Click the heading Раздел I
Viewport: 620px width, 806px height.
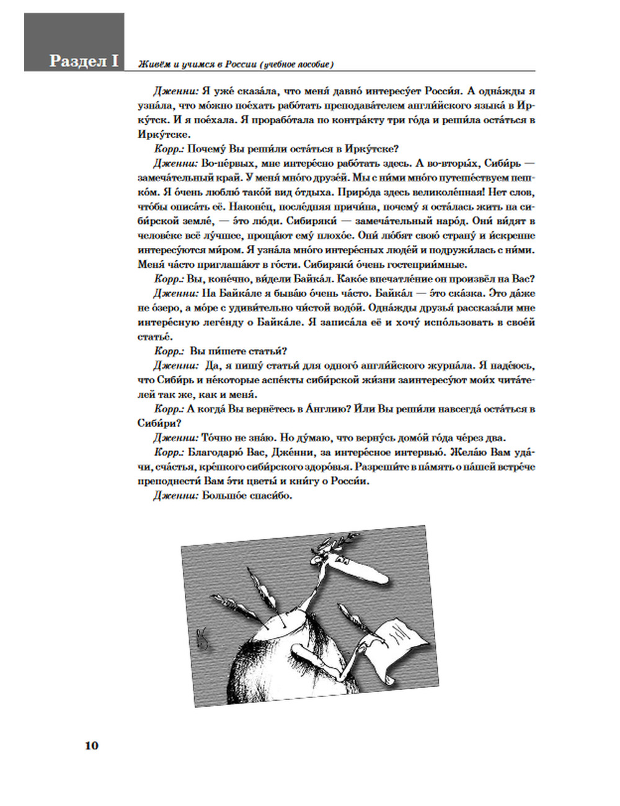point(83,61)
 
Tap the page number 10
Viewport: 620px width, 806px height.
point(91,745)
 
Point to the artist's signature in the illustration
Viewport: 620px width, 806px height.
point(203,639)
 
